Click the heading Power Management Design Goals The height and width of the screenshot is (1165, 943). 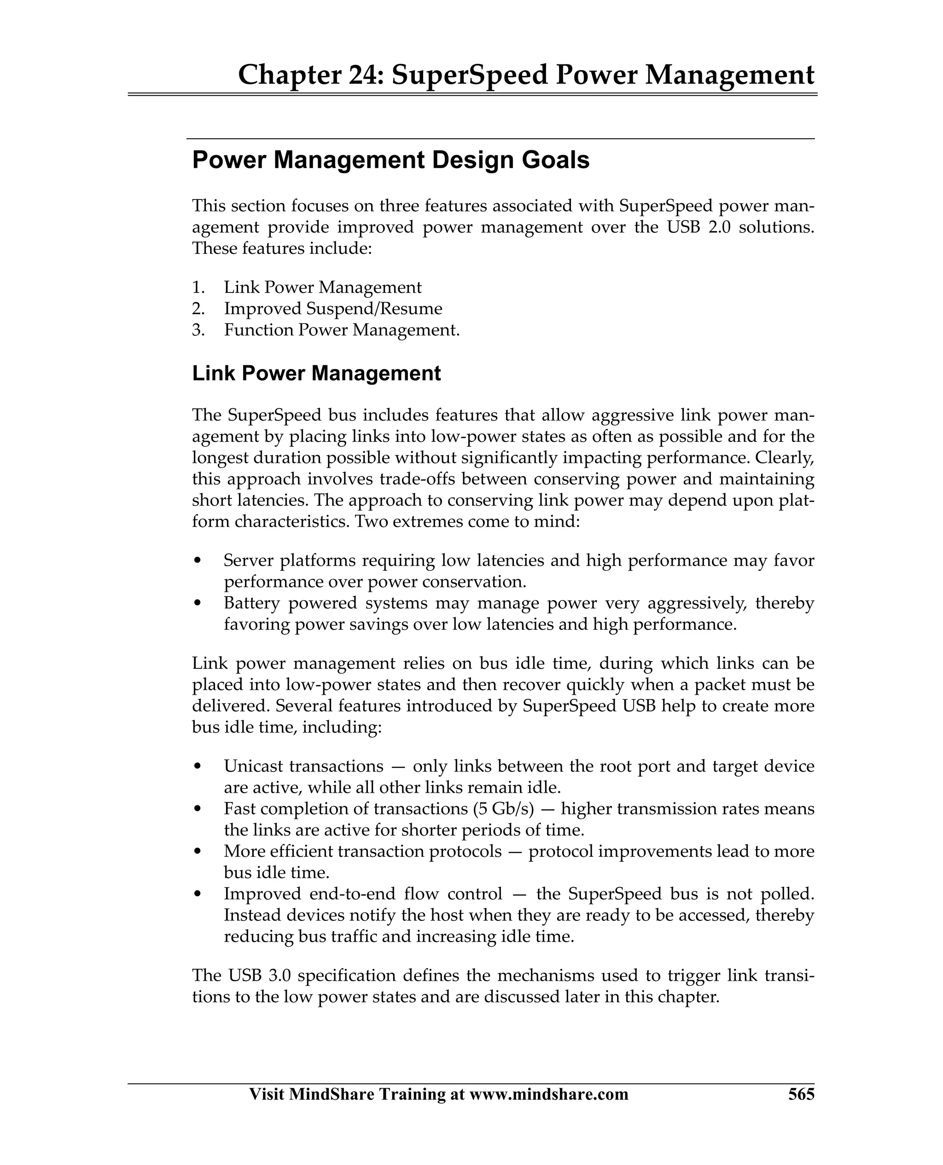pyautogui.click(x=390, y=160)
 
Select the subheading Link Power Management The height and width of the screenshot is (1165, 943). pyautogui.click(x=316, y=373)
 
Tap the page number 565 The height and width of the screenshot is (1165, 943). pyautogui.click(x=801, y=1094)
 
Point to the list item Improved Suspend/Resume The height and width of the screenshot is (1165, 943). pyautogui.click(x=333, y=309)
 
